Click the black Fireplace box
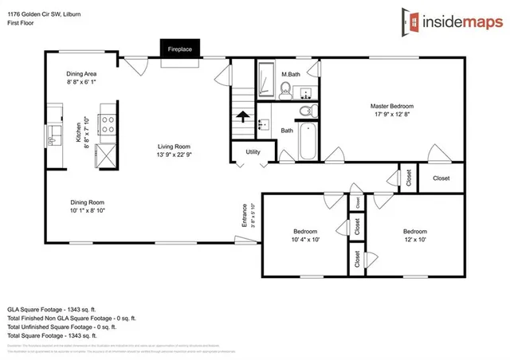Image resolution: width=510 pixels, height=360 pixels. [x=179, y=49]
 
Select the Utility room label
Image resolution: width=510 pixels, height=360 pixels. [x=253, y=151]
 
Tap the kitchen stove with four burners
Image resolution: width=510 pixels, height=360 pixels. [x=108, y=123]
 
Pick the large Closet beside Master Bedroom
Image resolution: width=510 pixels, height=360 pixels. [x=441, y=178]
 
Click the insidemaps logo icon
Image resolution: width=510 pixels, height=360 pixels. [x=412, y=21]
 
